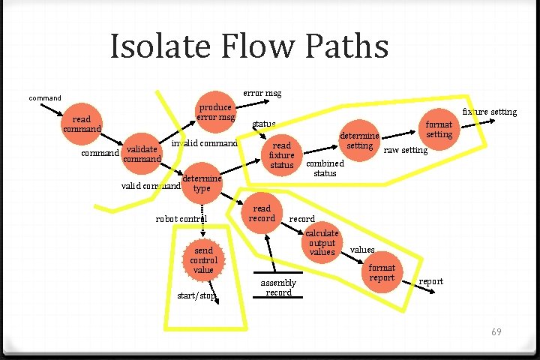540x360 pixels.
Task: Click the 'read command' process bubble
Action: coord(82,124)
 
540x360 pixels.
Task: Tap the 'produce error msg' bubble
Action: coord(216,112)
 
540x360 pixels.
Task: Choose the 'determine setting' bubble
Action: coord(360,140)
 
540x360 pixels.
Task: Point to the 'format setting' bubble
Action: coord(439,129)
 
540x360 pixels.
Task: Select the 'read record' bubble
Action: coord(262,214)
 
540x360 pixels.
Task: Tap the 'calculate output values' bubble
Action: coord(322,243)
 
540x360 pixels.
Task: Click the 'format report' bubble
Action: coord(382,273)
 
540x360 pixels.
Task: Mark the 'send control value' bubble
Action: coord(203,260)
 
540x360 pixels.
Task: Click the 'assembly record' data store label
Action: coord(278,287)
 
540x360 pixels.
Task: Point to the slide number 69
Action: coord(496,331)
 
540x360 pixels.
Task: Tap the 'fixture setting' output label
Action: coord(489,112)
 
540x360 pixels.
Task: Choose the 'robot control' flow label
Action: coord(181,219)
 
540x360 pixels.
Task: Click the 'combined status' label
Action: coord(325,168)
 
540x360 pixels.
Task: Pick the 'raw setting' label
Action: coord(405,150)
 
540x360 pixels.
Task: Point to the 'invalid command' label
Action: coord(205,143)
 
